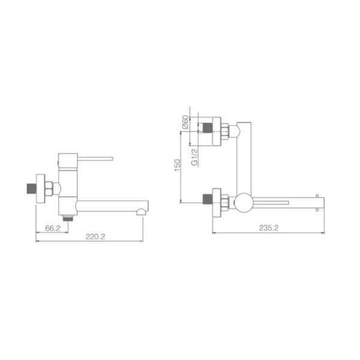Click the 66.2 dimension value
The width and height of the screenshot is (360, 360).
tap(53, 228)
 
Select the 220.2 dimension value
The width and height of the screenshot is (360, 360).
tap(95, 236)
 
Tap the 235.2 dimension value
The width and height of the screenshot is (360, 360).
tap(269, 228)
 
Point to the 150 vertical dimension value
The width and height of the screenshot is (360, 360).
tap(178, 165)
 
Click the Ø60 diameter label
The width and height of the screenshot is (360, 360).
tap(185, 122)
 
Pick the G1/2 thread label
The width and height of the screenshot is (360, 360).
tap(194, 157)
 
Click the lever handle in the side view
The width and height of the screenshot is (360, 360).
tap(95, 159)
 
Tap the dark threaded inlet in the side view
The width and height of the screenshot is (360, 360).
tap(31, 188)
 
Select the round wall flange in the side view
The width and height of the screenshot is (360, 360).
tap(40, 188)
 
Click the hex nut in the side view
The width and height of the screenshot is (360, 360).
tap(49, 189)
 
